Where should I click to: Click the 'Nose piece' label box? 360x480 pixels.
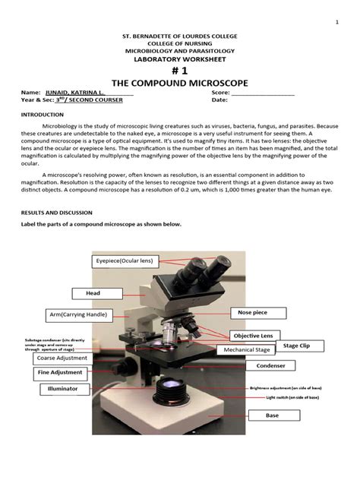click(x=257, y=312)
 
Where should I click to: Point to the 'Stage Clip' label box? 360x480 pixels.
click(x=296, y=346)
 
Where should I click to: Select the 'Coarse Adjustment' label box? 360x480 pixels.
click(x=62, y=358)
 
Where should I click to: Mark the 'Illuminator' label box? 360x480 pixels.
click(x=59, y=389)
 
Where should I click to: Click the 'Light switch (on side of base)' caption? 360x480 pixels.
click(x=292, y=397)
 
